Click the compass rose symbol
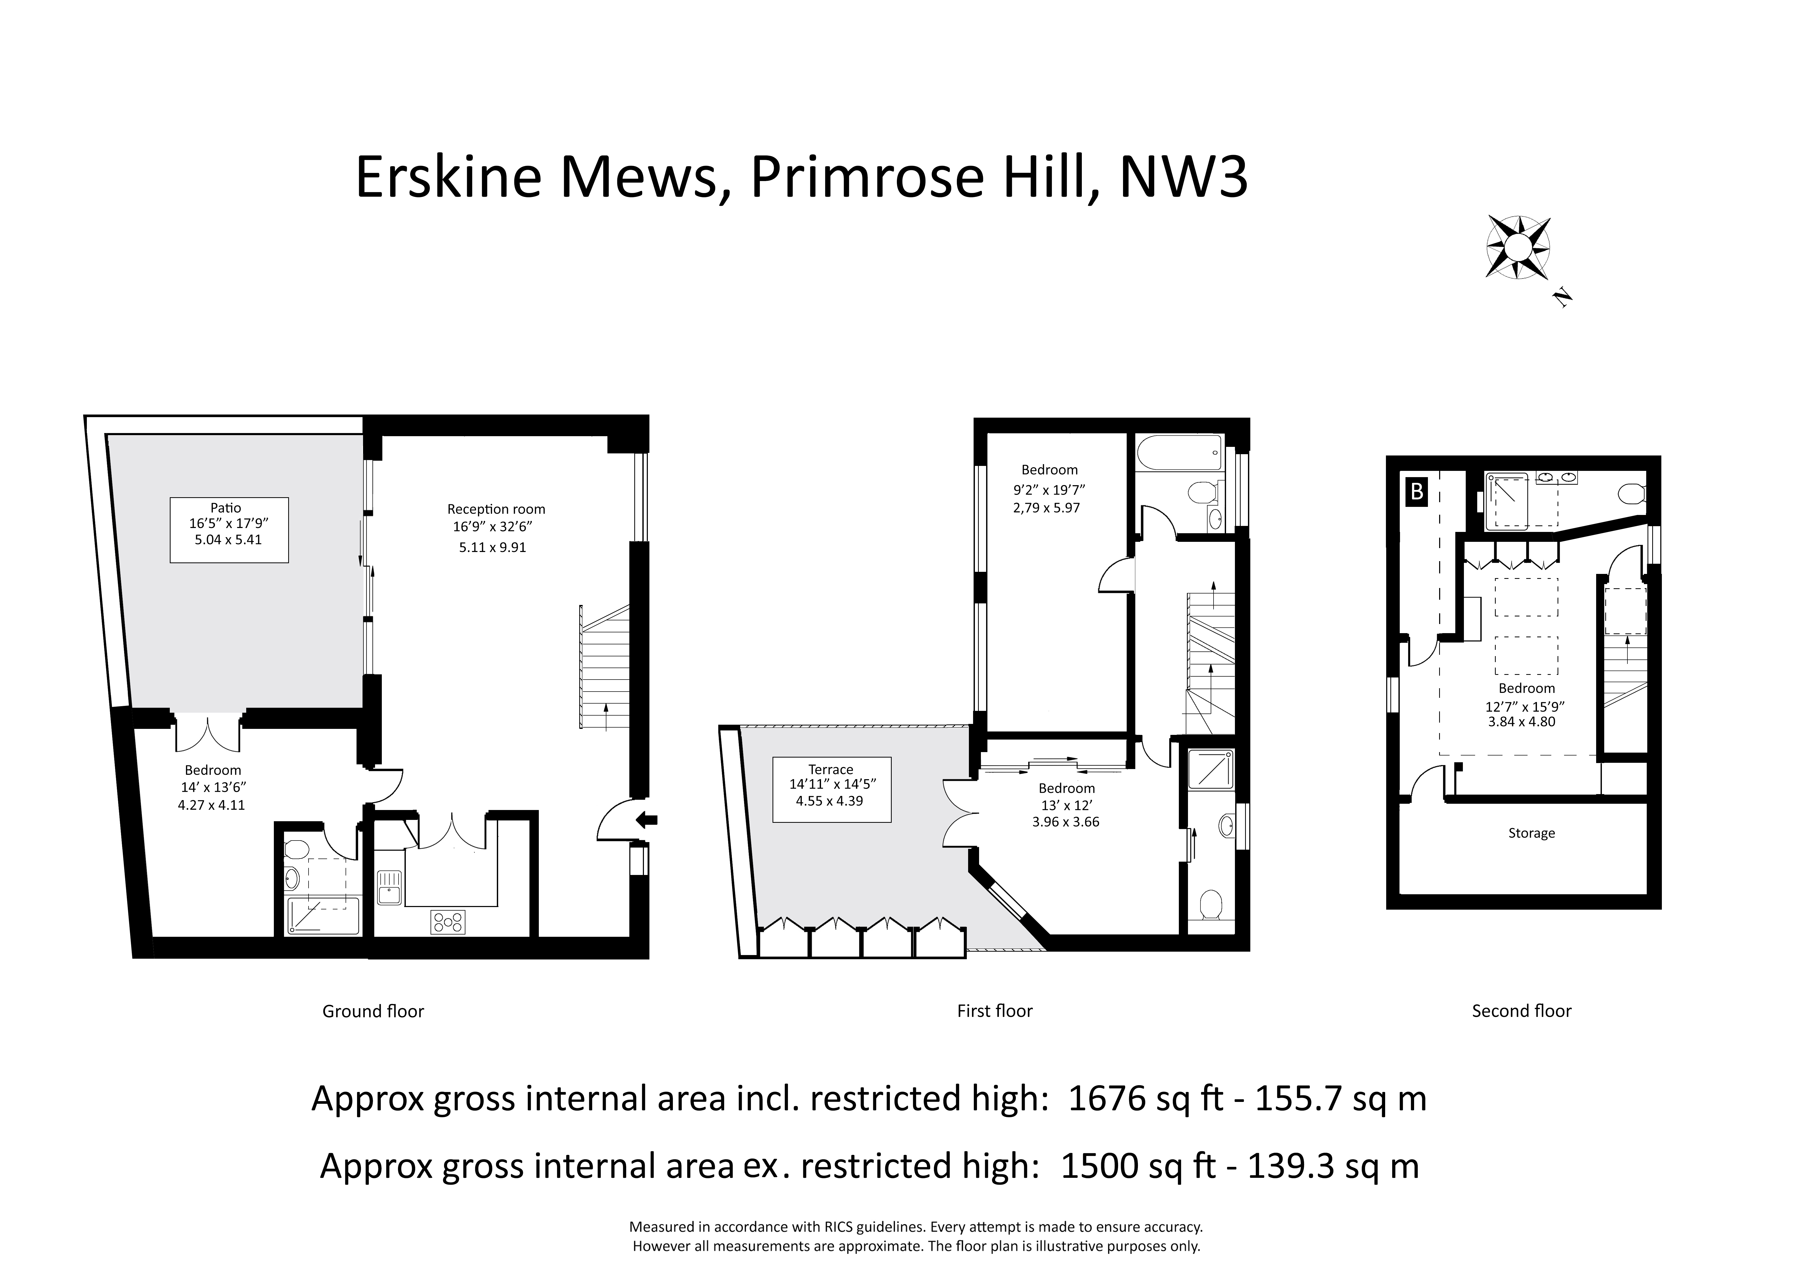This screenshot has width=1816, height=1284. click(x=1518, y=248)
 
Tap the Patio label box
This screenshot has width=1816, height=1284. click(x=229, y=530)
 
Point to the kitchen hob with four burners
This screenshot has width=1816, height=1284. click(x=448, y=922)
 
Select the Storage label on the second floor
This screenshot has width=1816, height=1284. click(x=1531, y=833)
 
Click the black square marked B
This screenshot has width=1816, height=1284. click(x=1417, y=491)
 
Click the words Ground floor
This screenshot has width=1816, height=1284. click(x=373, y=1011)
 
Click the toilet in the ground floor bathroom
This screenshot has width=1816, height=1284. click(x=296, y=850)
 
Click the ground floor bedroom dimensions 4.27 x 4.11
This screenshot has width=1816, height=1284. click(x=211, y=805)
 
